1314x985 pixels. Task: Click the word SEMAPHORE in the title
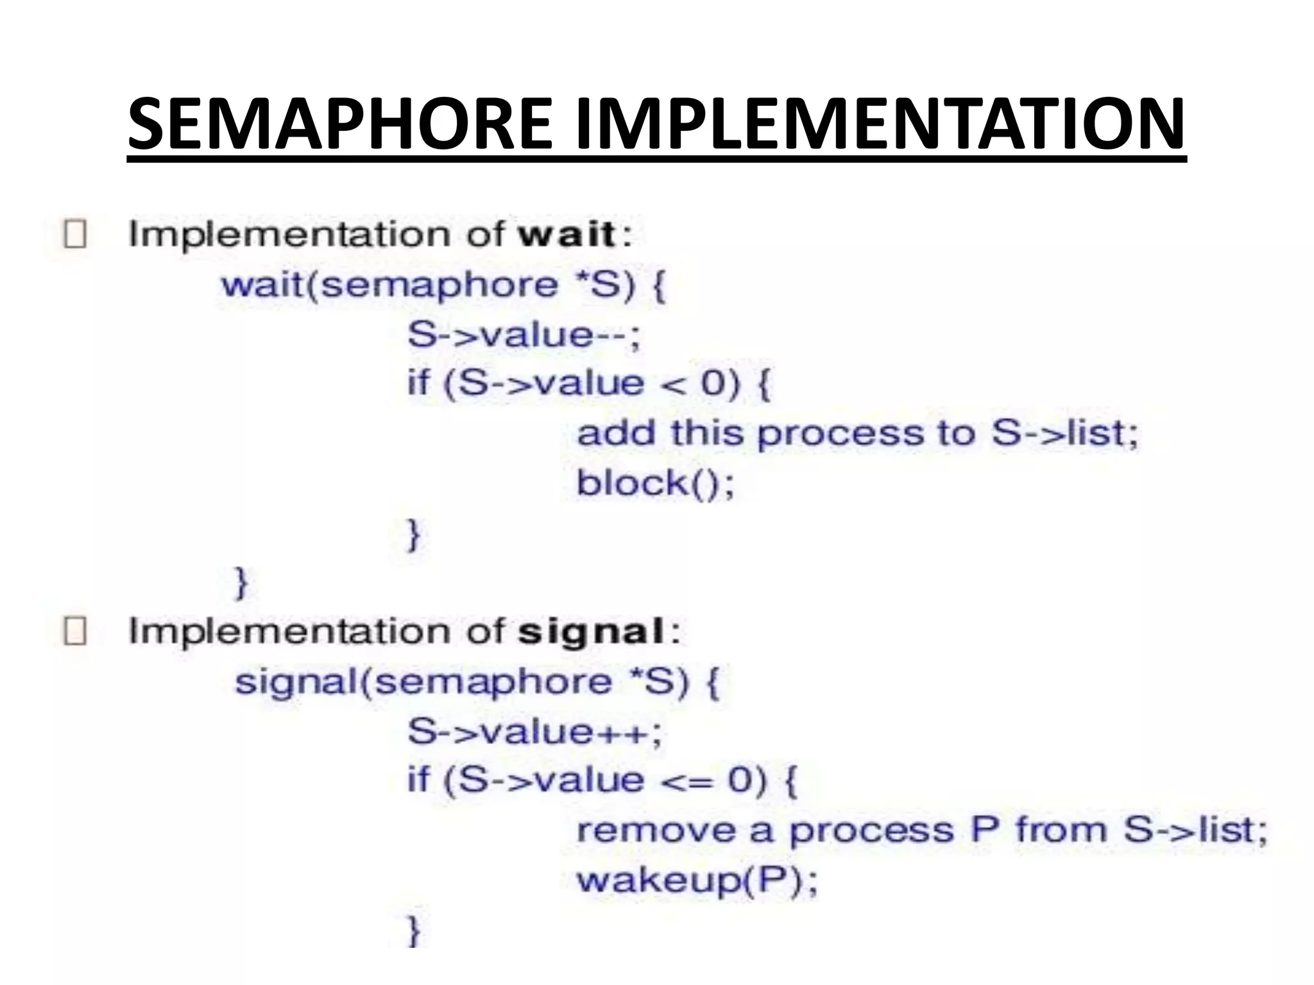[340, 123]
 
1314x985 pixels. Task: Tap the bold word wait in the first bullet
[567, 234]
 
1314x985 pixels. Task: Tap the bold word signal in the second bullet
[591, 632]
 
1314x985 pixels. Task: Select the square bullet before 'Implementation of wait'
[75, 234]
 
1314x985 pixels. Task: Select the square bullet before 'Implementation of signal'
[75, 632]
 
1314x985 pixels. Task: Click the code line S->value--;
[524, 335]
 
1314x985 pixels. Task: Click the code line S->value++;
[534, 732]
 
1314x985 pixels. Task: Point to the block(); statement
[655, 484]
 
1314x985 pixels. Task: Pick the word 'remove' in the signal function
[654, 831]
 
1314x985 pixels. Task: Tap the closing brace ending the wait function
[241, 582]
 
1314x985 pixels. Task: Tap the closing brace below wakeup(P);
[414, 930]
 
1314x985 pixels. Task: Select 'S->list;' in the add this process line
[1064, 433]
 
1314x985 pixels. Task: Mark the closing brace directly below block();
[414, 534]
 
